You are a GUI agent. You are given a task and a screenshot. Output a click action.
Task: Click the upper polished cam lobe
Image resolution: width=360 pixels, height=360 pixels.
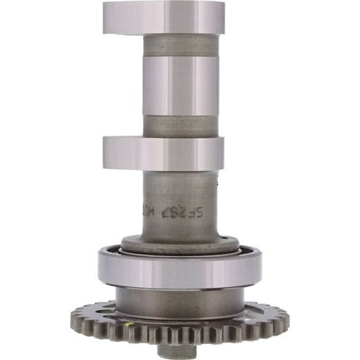click(163, 17)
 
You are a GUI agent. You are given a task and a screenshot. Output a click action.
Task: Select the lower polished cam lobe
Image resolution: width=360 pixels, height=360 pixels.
click(163, 153)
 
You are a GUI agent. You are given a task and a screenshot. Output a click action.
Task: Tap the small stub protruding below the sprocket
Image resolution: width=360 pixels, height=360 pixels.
click(176, 350)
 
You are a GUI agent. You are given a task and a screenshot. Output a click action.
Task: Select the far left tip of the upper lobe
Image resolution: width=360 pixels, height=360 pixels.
click(105, 17)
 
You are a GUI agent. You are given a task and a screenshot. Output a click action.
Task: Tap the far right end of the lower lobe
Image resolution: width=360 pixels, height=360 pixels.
click(223, 153)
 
